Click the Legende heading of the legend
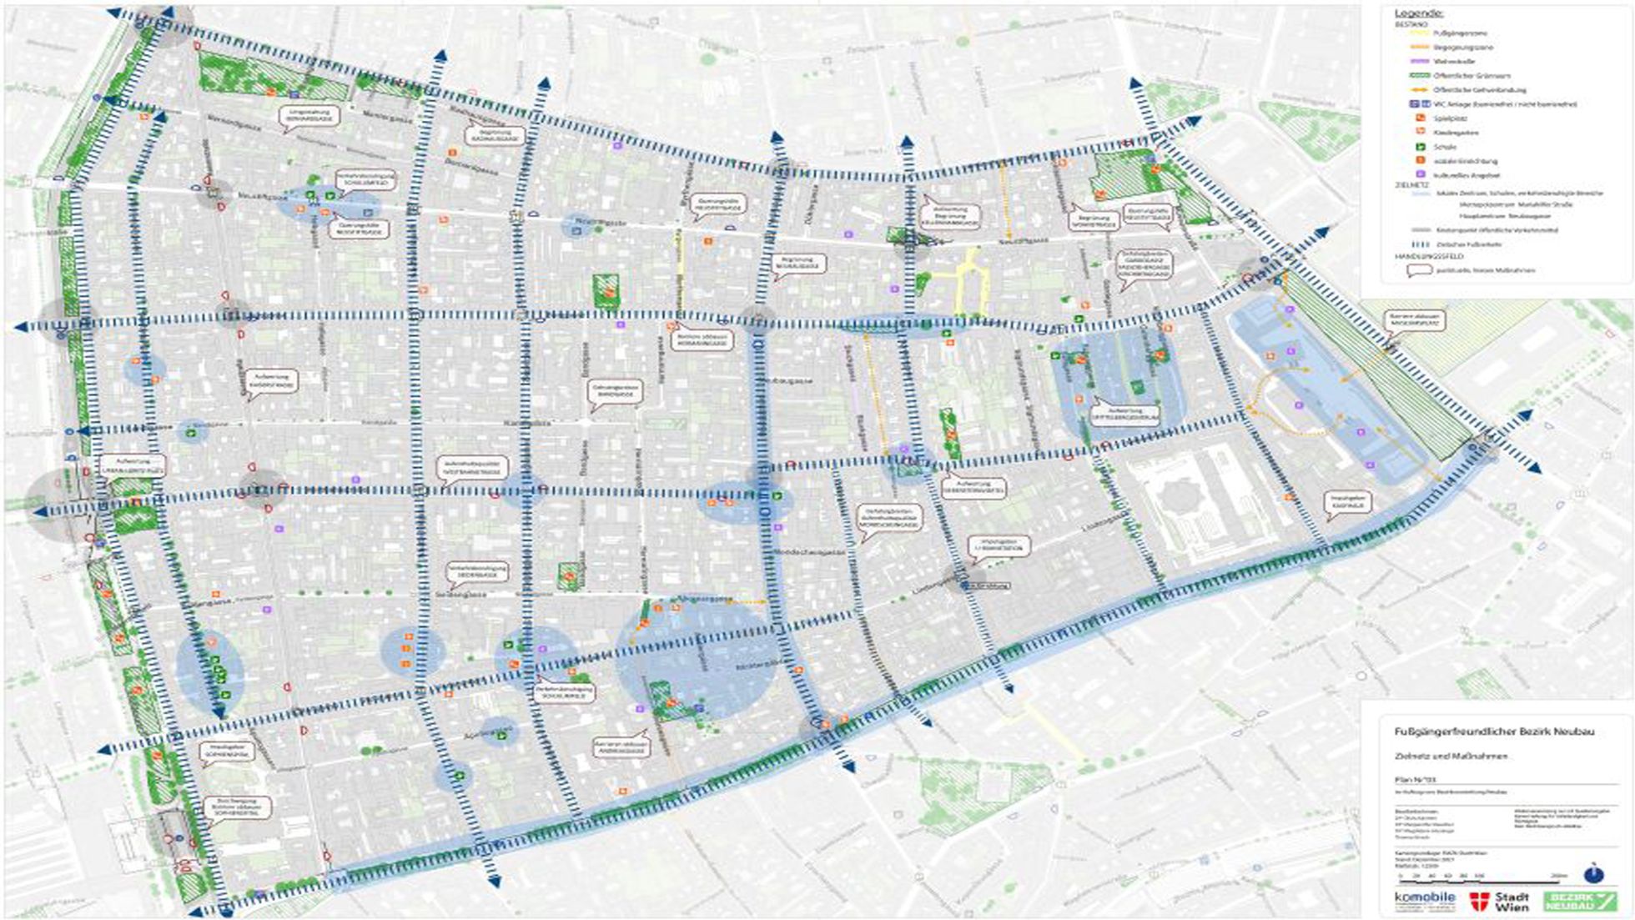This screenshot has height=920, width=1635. pyautogui.click(x=1419, y=13)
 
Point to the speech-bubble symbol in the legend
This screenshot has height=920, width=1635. pyautogui.click(x=1414, y=270)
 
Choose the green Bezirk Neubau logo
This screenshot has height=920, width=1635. pyautogui.click(x=1579, y=901)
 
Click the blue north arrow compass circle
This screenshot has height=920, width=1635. pyautogui.click(x=1594, y=873)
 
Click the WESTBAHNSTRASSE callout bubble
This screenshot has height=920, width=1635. pyautogui.click(x=470, y=467)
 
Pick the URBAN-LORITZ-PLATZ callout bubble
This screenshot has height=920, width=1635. pyautogui.click(x=133, y=466)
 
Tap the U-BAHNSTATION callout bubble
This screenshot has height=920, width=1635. pyautogui.click(x=1000, y=546)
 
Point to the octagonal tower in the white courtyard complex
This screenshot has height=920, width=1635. pyautogui.click(x=1177, y=498)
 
